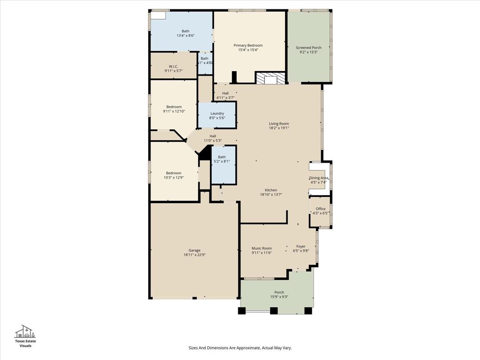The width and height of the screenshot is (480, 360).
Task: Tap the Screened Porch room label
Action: coord(308,48)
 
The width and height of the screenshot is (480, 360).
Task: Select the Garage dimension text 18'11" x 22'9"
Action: coord(195,255)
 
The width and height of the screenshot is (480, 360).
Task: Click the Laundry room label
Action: coord(217,113)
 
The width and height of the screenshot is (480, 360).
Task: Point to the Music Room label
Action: coord(262,248)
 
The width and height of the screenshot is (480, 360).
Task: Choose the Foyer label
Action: coord(301,247)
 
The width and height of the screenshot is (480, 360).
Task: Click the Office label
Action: coord(321,209)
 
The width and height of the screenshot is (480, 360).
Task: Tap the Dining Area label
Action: coord(319,178)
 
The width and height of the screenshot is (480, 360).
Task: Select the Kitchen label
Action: coord(271,190)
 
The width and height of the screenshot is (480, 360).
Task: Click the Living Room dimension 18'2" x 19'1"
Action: coord(279,128)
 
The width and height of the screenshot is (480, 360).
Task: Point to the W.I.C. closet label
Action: coord(173,66)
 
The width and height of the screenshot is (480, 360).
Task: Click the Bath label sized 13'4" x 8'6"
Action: coord(186,31)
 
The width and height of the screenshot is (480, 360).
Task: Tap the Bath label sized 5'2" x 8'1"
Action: coord(222,157)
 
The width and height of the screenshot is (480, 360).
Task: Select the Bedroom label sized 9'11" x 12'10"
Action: coord(173,107)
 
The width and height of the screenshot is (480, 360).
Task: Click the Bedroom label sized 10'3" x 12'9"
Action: coord(173,173)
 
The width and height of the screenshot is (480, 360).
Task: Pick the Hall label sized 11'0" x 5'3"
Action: coord(213,136)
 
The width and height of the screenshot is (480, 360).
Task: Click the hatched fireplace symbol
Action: coord(270,78)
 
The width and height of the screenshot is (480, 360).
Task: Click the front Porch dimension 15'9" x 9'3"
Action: coord(279,297)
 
